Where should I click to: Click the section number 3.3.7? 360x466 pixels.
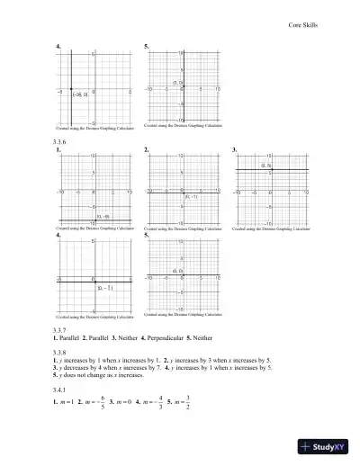pyautogui.click(x=62, y=329)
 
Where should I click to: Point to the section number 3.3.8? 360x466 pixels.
pyautogui.click(x=62, y=353)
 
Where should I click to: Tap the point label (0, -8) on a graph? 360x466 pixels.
pyautogui.click(x=103, y=216)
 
